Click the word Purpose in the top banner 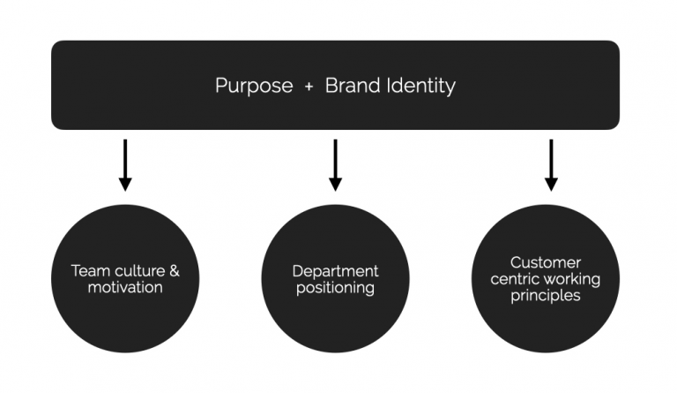[254, 86]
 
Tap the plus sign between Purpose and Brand [309, 87]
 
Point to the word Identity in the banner [423, 86]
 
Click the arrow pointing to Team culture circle [125, 164]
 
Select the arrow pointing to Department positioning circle [335, 164]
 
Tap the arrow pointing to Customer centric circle [551, 164]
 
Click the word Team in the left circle [88, 271]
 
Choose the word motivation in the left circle [125, 287]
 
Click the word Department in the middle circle [336, 271]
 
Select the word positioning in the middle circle [336, 288]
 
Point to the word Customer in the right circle [546, 262]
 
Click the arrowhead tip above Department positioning [335, 188]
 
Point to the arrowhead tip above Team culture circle [125, 188]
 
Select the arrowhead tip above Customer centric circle [551, 188]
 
